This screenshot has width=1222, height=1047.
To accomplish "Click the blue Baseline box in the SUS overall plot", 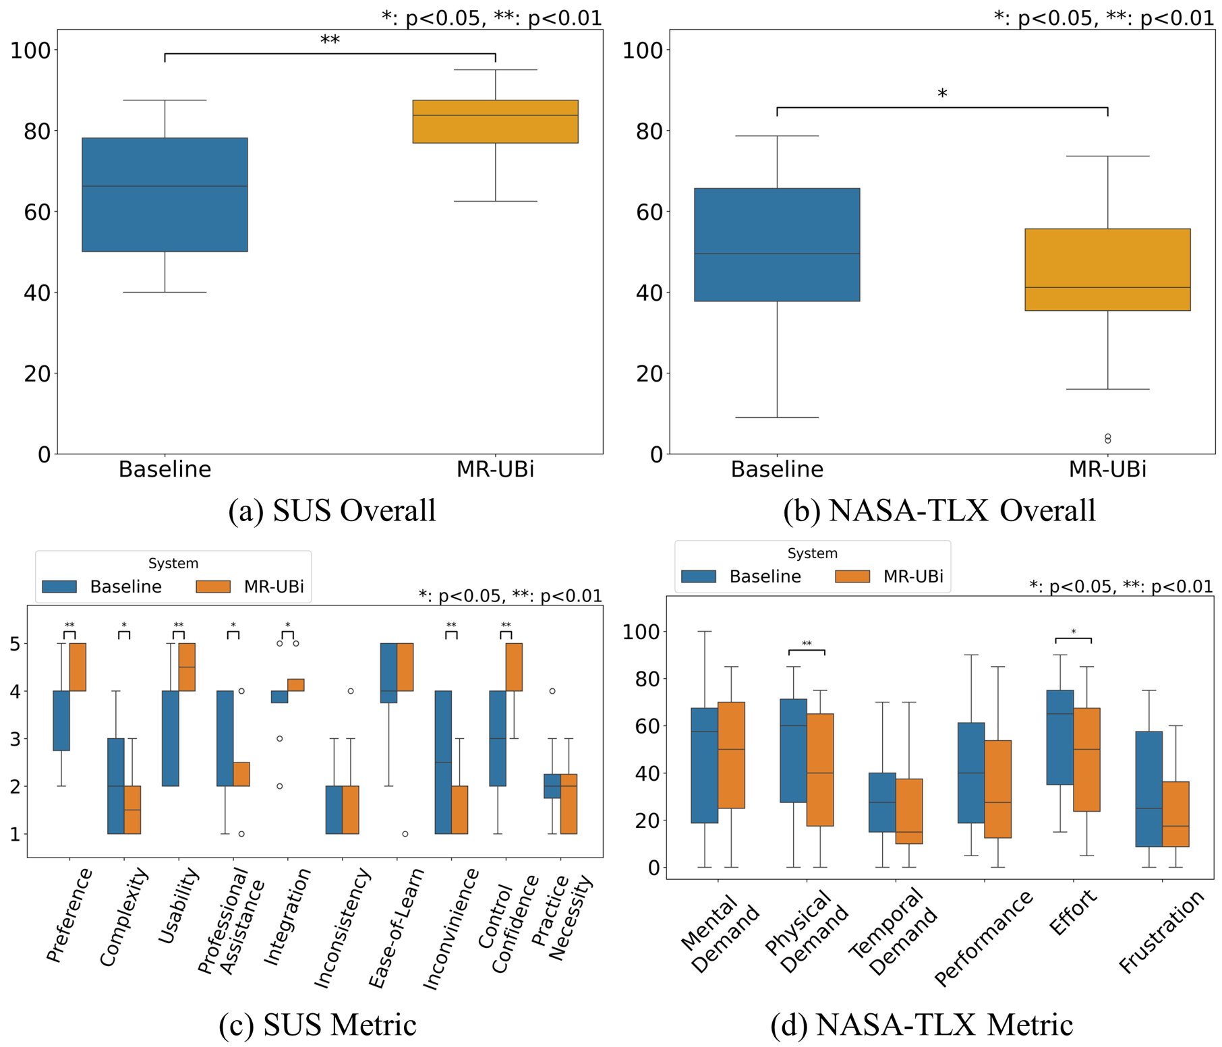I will (165, 195).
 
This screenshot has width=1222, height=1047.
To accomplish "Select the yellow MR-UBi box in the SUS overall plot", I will (495, 121).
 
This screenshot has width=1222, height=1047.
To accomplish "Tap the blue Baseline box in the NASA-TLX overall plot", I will (777, 245).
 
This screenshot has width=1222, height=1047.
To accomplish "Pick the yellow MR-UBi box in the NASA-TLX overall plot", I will (1107, 270).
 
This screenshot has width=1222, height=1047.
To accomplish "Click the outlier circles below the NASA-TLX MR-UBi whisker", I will (1107, 439).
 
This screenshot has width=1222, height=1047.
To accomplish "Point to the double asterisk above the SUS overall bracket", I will (330, 40).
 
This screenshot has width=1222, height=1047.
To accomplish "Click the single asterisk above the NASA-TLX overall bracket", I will (942, 94).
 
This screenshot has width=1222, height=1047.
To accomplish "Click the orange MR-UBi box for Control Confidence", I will (514, 667).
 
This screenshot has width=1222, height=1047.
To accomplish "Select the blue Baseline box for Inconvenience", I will (443, 762).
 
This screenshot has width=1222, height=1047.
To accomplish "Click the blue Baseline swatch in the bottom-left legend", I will (59, 587).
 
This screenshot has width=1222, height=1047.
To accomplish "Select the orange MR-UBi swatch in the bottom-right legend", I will (852, 576).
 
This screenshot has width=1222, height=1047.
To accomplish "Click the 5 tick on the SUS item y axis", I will (15, 644).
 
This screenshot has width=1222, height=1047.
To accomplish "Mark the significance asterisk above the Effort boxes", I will (1074, 632).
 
